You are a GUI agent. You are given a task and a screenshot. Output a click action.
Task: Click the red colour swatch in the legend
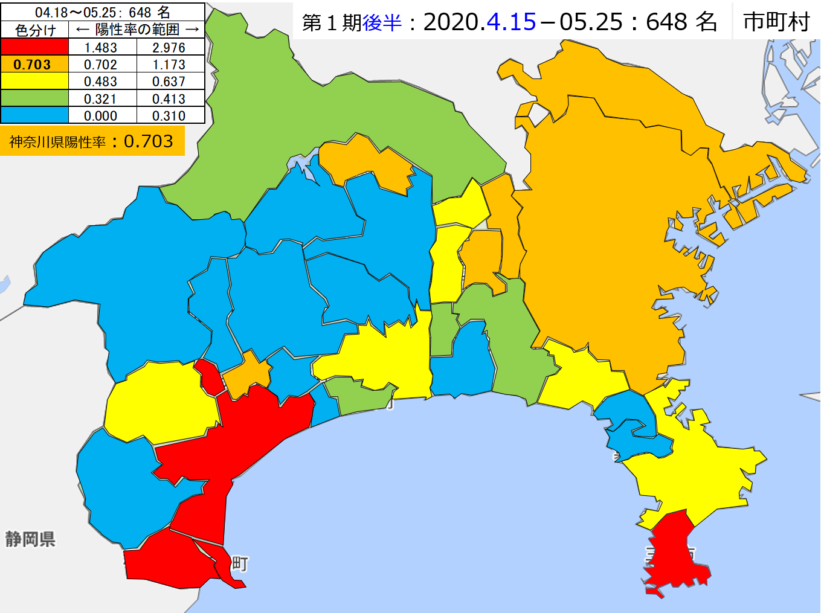34,47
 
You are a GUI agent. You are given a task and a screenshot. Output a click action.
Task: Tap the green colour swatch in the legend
34,98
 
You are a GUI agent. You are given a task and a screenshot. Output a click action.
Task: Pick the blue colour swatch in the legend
34,115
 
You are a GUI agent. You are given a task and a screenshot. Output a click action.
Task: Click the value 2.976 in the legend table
169,48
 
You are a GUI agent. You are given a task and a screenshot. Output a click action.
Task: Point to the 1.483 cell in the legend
101,48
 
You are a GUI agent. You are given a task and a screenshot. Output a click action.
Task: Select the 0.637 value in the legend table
169,82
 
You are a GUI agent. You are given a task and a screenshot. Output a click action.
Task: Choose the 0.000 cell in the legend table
101,116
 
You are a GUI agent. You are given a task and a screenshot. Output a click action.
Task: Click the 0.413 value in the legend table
169,99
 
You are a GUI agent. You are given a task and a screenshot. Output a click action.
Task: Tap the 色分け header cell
35,30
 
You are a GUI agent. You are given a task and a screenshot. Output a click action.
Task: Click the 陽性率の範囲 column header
137,30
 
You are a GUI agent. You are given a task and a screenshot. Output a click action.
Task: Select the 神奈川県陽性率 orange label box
92,141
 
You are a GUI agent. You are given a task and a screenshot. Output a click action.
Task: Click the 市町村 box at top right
776,22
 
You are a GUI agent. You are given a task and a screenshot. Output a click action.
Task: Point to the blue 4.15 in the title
511,22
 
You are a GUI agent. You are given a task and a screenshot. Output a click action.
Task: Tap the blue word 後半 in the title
382,22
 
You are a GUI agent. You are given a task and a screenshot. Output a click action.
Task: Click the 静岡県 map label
31,539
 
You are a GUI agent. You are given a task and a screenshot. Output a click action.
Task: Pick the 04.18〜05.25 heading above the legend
103,12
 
